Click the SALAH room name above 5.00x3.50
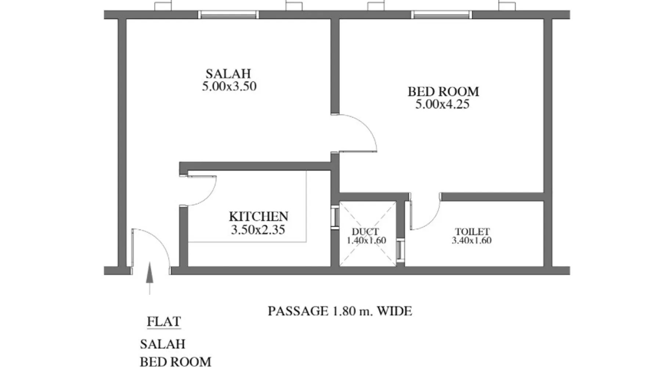pyautogui.click(x=228, y=74)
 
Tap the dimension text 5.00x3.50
pyautogui.click(x=229, y=87)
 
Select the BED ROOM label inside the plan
pyautogui.click(x=443, y=91)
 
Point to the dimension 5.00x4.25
pyautogui.click(x=442, y=104)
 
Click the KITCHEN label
pyautogui.click(x=259, y=216)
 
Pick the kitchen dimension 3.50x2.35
pyautogui.click(x=258, y=230)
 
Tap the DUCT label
pyautogui.click(x=365, y=232)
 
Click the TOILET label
pyautogui.click(x=472, y=232)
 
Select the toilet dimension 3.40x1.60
pyautogui.click(x=472, y=240)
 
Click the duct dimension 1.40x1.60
pyautogui.click(x=366, y=240)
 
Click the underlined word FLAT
pyautogui.click(x=164, y=321)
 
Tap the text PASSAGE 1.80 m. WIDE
pyautogui.click(x=340, y=311)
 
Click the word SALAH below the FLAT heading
pyautogui.click(x=163, y=344)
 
